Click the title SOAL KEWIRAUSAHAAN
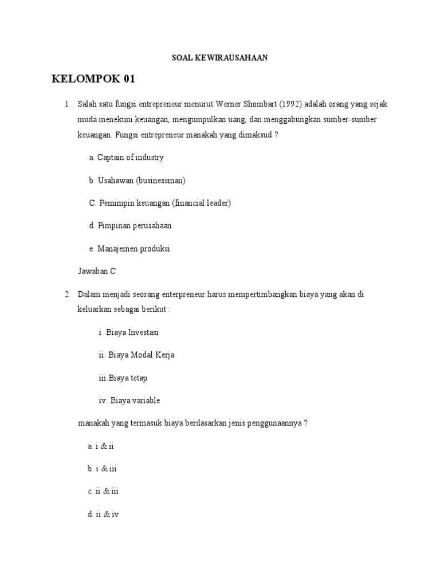(220, 58)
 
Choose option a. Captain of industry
(127, 157)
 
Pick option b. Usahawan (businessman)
(137, 180)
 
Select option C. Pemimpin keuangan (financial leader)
(160, 203)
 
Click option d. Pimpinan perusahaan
(130, 226)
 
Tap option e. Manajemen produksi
(129, 249)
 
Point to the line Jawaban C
(96, 272)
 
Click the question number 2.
(67, 295)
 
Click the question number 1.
(67, 104)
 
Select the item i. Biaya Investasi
(128, 332)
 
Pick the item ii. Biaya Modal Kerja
(136, 355)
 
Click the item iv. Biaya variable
(129, 401)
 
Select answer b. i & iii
(102, 469)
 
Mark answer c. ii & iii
(103, 492)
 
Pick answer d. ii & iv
(103, 515)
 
